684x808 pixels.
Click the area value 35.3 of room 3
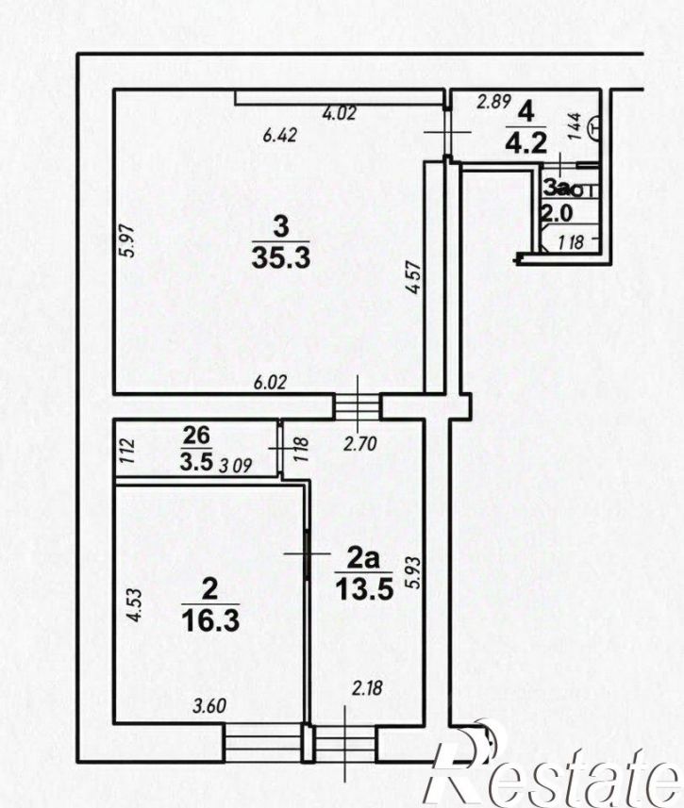(281, 257)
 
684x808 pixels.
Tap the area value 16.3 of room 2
(210, 620)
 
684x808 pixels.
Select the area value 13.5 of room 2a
(364, 588)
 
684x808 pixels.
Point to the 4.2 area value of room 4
(526, 142)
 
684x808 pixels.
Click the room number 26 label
(196, 436)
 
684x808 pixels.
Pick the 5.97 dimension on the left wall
(129, 240)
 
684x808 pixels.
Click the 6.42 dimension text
(280, 135)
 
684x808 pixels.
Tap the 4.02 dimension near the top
(339, 113)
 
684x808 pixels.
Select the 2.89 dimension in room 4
(493, 102)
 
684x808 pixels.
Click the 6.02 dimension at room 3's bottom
(271, 382)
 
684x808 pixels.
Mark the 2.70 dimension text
(360, 444)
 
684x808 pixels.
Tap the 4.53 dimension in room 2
(134, 605)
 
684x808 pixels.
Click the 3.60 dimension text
(209, 705)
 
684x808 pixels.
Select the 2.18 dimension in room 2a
(367, 688)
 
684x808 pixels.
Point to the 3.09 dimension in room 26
(236, 466)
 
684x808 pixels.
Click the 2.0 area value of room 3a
(557, 213)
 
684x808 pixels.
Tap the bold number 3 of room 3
(280, 227)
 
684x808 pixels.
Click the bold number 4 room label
(526, 112)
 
